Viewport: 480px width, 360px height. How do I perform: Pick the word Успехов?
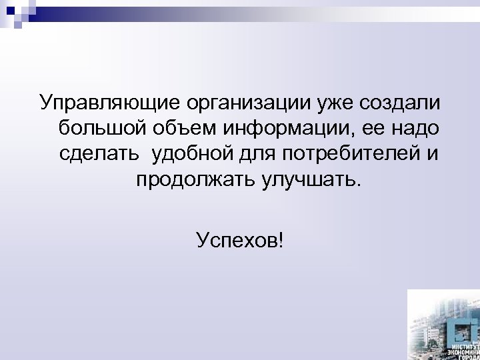coord(235,238)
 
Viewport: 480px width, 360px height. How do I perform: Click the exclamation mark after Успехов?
coord(279,238)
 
